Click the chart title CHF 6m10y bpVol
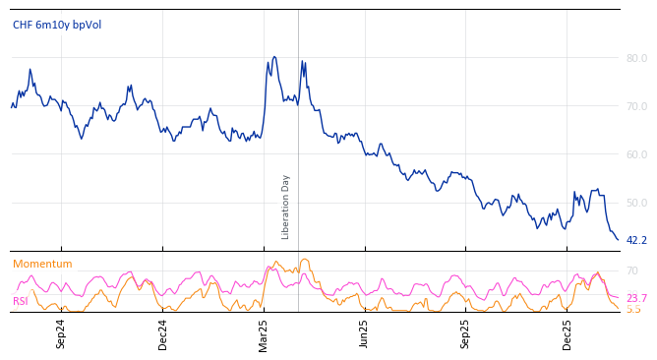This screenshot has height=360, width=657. pos(57,26)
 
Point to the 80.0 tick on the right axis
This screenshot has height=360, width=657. pos(636,58)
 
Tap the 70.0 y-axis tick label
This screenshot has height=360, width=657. pos(636,106)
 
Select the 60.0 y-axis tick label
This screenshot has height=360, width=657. pos(636,154)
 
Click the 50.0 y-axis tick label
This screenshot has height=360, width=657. pos(636,203)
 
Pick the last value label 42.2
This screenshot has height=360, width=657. pos(636,240)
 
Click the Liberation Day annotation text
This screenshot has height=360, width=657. pos(286,207)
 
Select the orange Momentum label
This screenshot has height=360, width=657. pos(42,265)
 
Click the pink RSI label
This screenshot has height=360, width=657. pos(20,301)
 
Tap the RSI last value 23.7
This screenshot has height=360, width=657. pos(636,298)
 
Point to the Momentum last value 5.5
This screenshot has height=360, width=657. pos(633,309)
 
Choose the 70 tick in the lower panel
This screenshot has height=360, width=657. pos(631,270)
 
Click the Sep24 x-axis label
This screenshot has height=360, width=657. pos(61,333)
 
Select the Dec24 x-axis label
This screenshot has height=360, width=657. pos(163,333)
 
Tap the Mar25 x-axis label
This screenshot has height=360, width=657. pos(264,333)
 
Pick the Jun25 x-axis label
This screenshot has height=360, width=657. pos(365,333)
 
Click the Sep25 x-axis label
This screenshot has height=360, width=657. pos(466,333)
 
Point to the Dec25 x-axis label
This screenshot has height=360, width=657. pos(567,333)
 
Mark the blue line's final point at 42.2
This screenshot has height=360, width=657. pos(618,239)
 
